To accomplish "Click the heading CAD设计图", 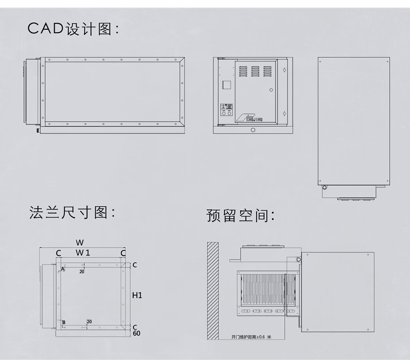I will coord(73,29).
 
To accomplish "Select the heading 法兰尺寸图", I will coord(73,213).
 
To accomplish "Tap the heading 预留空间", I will coord(241,215).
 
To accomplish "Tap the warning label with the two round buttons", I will coord(226,110).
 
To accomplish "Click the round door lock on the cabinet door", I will coord(271,90).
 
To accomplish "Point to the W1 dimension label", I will coord(83,253).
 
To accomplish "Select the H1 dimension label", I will coord(137,295).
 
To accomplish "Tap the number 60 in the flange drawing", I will coord(136,333).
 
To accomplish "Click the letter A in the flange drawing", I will coord(63,269).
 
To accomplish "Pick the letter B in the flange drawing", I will coord(64,322).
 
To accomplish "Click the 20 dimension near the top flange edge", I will coord(82,271).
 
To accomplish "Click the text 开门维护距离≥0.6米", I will coord(251,337).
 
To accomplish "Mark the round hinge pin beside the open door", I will coord(299,260).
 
